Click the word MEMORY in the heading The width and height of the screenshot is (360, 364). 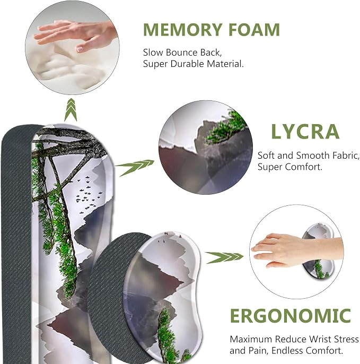[x=183, y=30]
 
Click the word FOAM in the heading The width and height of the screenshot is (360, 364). [x=254, y=30]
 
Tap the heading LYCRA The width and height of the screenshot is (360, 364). [x=305, y=132]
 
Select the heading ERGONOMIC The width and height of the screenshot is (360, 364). [x=291, y=316]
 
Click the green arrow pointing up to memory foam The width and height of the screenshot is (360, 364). [x=71, y=109]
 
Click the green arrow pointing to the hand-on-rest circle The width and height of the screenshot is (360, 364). [x=224, y=257]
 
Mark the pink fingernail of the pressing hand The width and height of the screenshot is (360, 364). [x=80, y=49]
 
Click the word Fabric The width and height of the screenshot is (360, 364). [x=346, y=156]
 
